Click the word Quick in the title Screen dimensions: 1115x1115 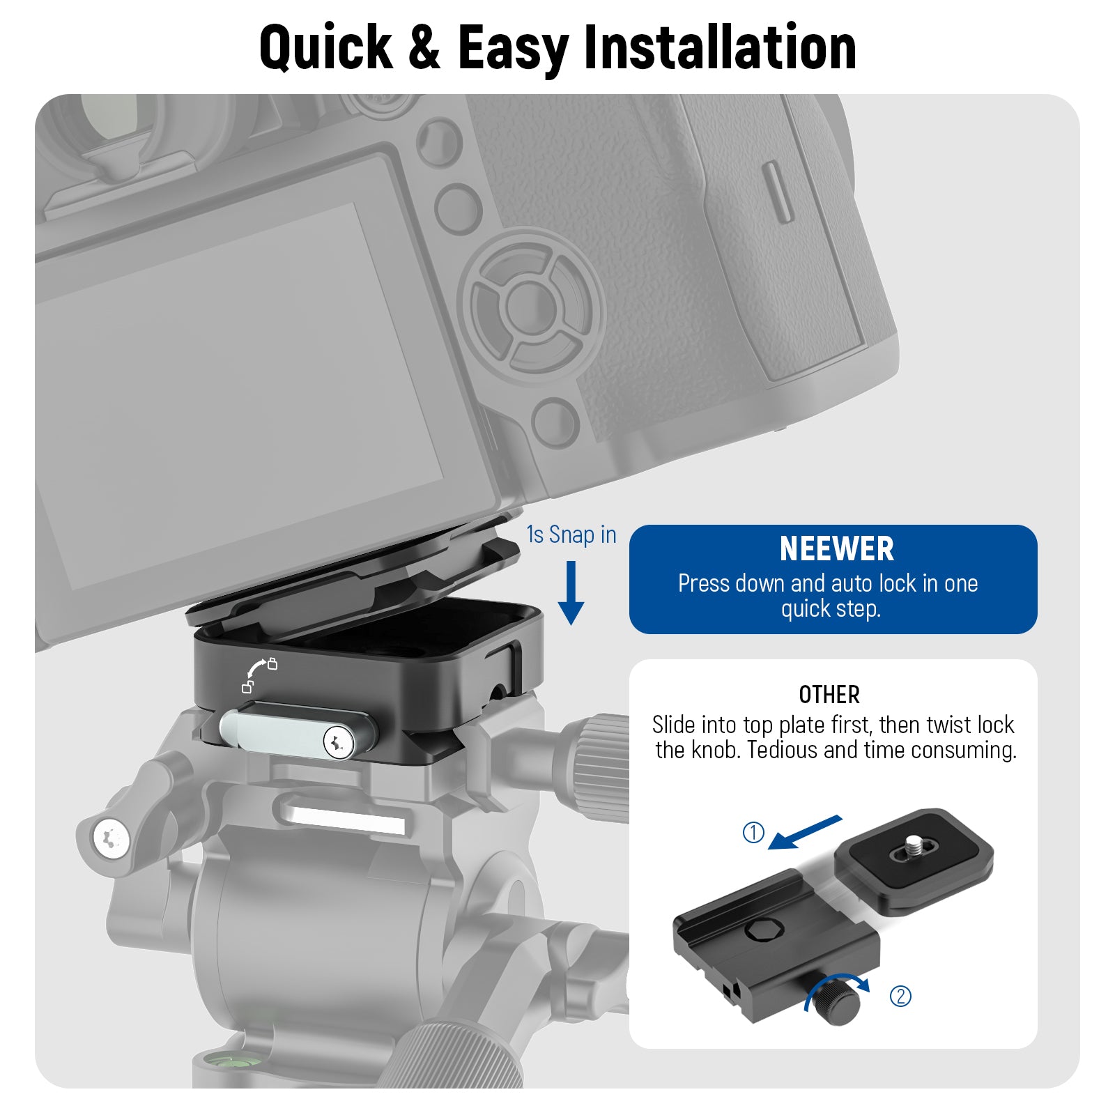pos(325,47)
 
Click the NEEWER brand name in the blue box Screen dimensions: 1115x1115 pos(836,549)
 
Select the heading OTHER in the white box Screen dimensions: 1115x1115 pos(829,695)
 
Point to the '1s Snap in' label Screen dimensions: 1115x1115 pos(571,535)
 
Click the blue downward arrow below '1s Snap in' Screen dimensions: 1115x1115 pos(571,593)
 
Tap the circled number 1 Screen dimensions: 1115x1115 pos(753,832)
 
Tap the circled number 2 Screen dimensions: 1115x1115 pos(900,997)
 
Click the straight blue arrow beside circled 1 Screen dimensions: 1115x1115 pos(805,832)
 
